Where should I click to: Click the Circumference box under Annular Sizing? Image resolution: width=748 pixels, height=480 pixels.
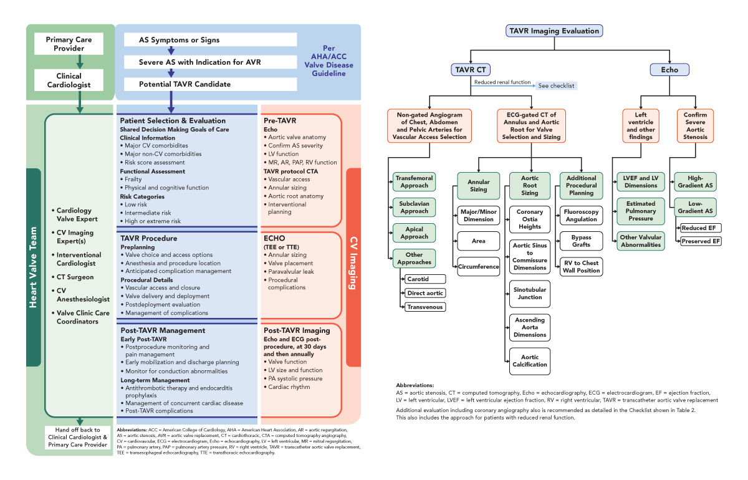tap(479, 266)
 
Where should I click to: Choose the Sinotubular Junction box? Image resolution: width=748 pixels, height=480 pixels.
tap(530, 293)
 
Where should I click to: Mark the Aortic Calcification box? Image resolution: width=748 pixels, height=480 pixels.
tap(530, 360)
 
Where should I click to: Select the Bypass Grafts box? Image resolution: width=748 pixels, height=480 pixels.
tap(581, 241)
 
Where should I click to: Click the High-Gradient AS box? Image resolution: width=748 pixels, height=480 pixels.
tap(695, 181)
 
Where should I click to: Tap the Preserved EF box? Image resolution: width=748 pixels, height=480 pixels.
tap(701, 241)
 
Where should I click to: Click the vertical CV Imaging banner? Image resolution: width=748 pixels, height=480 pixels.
tap(354, 267)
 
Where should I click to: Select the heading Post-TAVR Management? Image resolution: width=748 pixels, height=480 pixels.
tap(163, 330)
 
